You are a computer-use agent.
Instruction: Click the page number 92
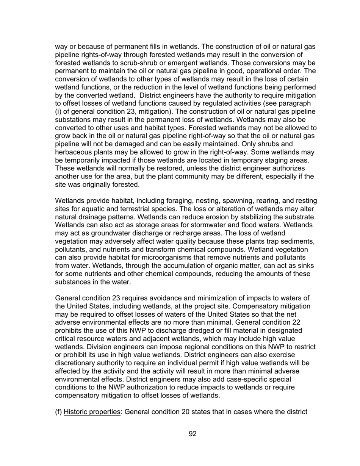coord(193,434)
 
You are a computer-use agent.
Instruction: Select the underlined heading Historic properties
coord(92,411)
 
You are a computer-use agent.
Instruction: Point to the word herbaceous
coord(74,152)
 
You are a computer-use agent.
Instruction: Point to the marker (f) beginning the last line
coord(58,411)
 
